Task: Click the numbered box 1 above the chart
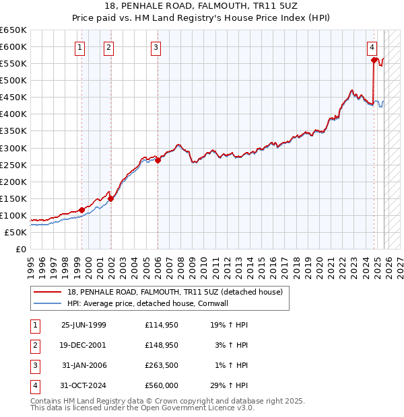click(x=80, y=47)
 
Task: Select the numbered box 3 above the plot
click(x=156, y=47)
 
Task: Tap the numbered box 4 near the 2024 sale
click(x=372, y=47)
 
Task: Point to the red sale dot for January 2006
click(x=158, y=160)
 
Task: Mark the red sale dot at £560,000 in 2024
click(x=374, y=60)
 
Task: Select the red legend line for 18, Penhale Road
click(x=47, y=292)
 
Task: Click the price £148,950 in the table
click(x=162, y=344)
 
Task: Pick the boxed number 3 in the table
click(x=34, y=365)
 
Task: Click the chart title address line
click(x=202, y=6)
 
